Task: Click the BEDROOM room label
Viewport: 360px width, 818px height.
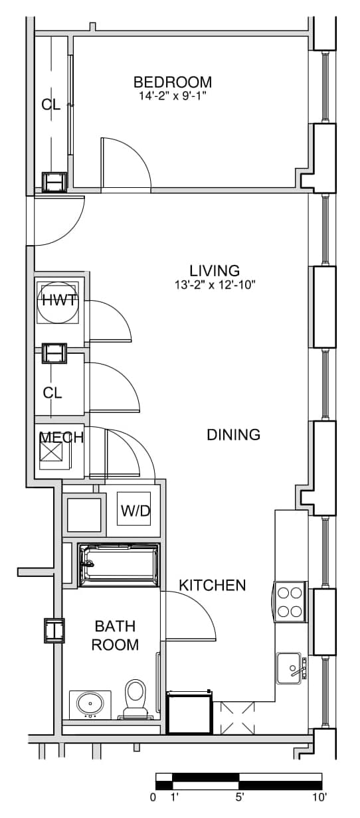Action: pos(173,82)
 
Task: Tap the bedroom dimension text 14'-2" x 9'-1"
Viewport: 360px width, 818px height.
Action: pos(173,96)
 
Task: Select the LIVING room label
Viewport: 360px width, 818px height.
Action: pos(215,271)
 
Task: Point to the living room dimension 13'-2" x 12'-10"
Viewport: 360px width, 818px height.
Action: pos(214,285)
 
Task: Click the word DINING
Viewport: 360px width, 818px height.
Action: pos(234,434)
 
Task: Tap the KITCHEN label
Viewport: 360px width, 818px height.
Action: pos(213,585)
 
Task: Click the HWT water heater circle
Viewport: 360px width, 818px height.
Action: pos(58,302)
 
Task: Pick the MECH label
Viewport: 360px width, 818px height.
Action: pos(61,437)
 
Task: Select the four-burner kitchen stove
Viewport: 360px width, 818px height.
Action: pos(290,602)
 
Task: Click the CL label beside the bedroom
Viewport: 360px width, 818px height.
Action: pos(50,105)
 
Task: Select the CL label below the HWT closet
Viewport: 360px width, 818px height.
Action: pos(52,393)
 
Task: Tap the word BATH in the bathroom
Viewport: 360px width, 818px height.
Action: pos(115,626)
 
